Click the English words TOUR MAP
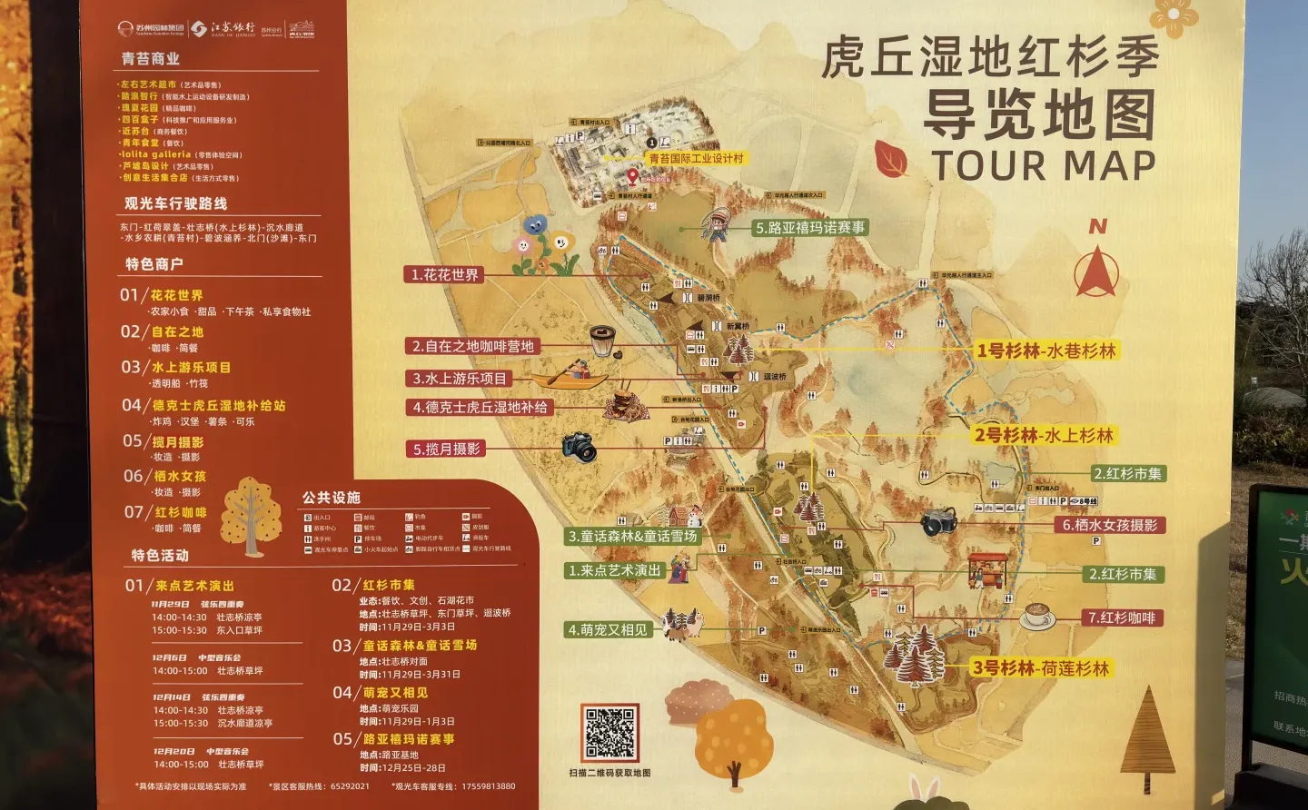pyautogui.click(x=1043, y=166)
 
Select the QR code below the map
pyautogui.click(x=609, y=733)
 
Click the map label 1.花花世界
pyautogui.click(x=445, y=274)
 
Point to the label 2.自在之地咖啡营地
pyautogui.click(x=473, y=346)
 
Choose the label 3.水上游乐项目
pyautogui.click(x=460, y=379)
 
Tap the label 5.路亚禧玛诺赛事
pyautogui.click(x=810, y=228)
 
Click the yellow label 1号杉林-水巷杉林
pyautogui.click(x=1045, y=351)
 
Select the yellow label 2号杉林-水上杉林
pyautogui.click(x=1044, y=435)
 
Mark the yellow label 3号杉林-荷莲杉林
pyautogui.click(x=1041, y=668)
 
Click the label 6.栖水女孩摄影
pyautogui.click(x=1110, y=525)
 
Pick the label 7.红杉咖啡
pyautogui.click(x=1122, y=617)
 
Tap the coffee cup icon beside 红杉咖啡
pyautogui.click(x=1036, y=617)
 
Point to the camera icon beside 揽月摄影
pyautogui.click(x=579, y=446)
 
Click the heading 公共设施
pyautogui.click(x=331, y=498)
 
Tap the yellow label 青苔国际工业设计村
pyautogui.click(x=696, y=158)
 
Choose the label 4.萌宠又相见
pyautogui.click(x=608, y=629)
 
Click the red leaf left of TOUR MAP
pyautogui.click(x=889, y=159)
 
